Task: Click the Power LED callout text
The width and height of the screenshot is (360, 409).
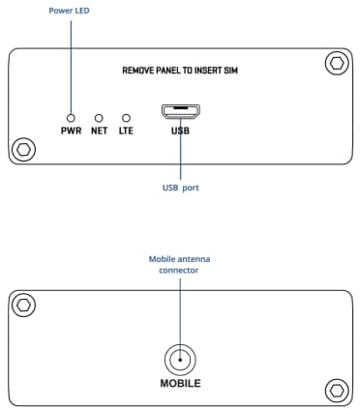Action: pos(70,12)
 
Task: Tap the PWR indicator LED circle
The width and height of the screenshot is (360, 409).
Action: pos(70,117)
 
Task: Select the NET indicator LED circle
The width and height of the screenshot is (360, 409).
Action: pos(98,117)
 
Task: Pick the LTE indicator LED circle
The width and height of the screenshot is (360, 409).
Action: pos(126,117)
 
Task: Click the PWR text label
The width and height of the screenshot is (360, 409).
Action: pos(70,130)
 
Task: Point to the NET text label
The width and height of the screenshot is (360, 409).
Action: pos(98,130)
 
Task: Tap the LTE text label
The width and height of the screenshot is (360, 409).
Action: pos(126,130)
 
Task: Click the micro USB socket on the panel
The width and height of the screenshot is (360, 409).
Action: pos(180,111)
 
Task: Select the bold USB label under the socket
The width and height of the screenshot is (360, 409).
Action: pos(180,130)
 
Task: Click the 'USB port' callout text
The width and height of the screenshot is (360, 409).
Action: pos(180,188)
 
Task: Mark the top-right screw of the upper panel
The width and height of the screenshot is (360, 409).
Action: pos(335,65)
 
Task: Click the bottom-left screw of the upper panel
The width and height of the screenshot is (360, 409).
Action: pos(24,150)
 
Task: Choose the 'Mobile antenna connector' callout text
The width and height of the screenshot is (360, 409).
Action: pos(180,264)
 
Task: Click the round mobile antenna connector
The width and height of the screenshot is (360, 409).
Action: pos(180,360)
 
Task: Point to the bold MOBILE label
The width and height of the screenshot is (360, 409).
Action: pos(180,383)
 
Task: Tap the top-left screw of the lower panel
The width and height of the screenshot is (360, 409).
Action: pos(24,306)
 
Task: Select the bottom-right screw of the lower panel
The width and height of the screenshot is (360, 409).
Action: pos(335,390)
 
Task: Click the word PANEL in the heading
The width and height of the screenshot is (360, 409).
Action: pos(177,72)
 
